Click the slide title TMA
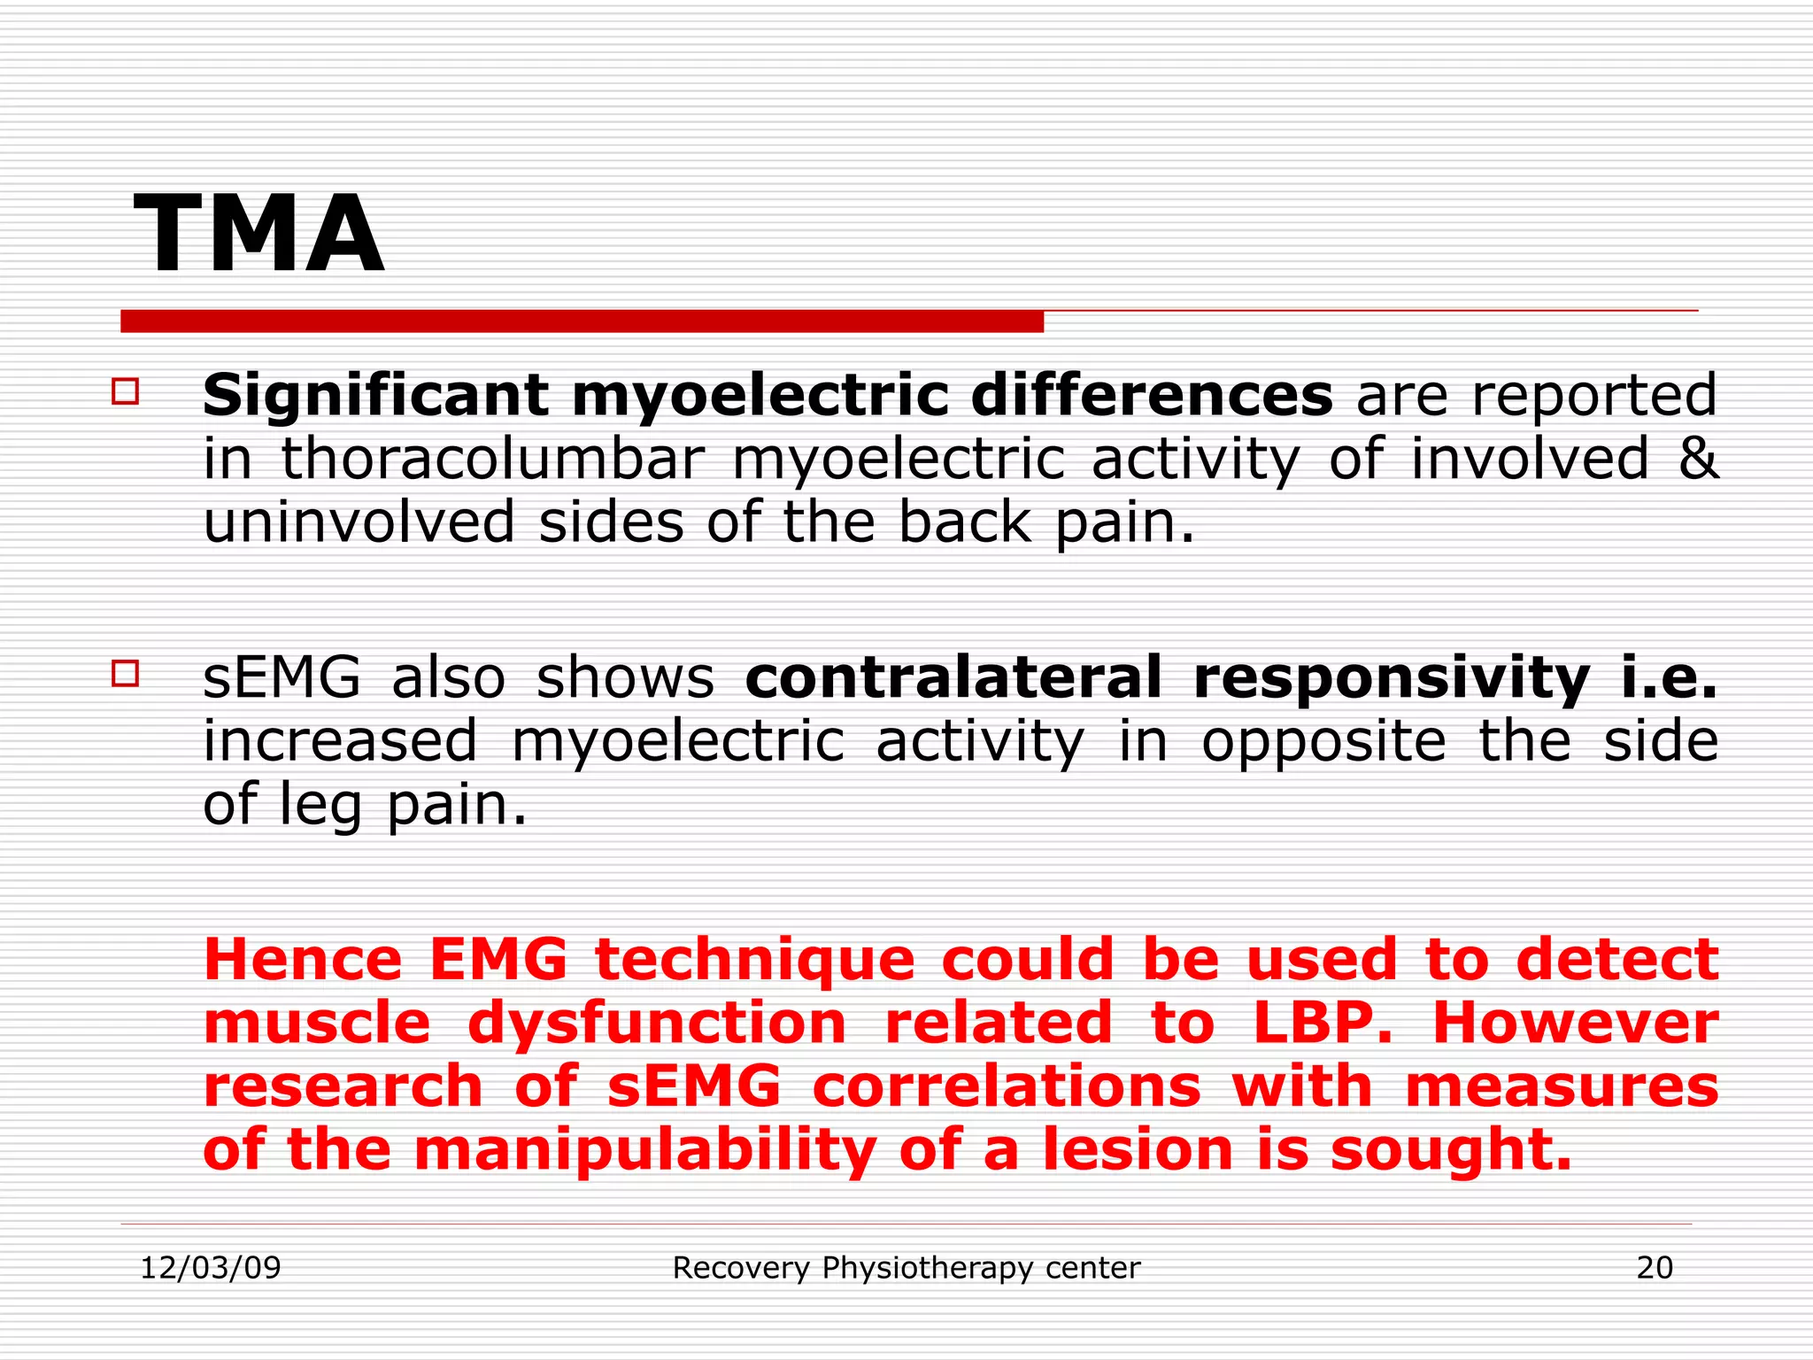(x=258, y=235)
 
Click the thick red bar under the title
(x=582, y=321)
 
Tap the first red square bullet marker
(x=126, y=391)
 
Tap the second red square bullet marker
(x=126, y=674)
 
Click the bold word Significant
(x=375, y=396)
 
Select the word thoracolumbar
(x=493, y=460)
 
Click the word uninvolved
(x=359, y=522)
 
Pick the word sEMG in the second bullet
(x=282, y=678)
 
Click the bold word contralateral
(x=953, y=678)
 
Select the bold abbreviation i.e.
(x=1670, y=678)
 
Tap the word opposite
(x=1323, y=742)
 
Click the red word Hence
(x=303, y=961)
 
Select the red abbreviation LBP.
(x=1322, y=1024)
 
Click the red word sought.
(x=1451, y=1151)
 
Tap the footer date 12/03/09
(x=211, y=1268)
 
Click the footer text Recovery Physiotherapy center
(x=906, y=1268)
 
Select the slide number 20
(x=1654, y=1268)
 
